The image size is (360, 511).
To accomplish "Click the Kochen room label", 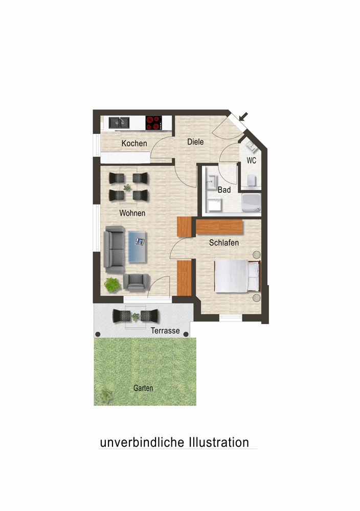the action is click(x=134, y=143).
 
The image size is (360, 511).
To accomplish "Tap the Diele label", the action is click(x=195, y=142).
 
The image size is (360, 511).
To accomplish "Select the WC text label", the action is click(x=252, y=160).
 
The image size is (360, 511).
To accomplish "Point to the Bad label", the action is click(x=224, y=190).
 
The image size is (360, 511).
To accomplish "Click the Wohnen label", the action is click(x=132, y=213).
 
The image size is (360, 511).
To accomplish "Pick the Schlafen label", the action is click(x=223, y=243).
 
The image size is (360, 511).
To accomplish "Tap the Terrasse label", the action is click(x=165, y=331).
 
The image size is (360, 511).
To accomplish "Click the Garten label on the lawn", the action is click(x=143, y=388).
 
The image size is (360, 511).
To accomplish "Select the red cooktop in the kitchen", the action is click(x=153, y=123).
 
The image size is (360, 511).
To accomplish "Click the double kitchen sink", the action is click(x=119, y=123).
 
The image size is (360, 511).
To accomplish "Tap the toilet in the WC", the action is click(x=251, y=180).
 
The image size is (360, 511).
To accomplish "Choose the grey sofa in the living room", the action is click(x=114, y=250).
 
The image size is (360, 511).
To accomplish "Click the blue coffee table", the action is click(x=137, y=247).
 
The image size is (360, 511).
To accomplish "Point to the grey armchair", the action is click(x=137, y=282).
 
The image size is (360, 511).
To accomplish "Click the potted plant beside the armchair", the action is click(x=112, y=285).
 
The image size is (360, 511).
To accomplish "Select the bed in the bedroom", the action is click(x=237, y=276).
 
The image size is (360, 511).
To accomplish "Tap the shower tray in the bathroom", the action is click(x=251, y=203).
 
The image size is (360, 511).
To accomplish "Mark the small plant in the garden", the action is click(x=106, y=396).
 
